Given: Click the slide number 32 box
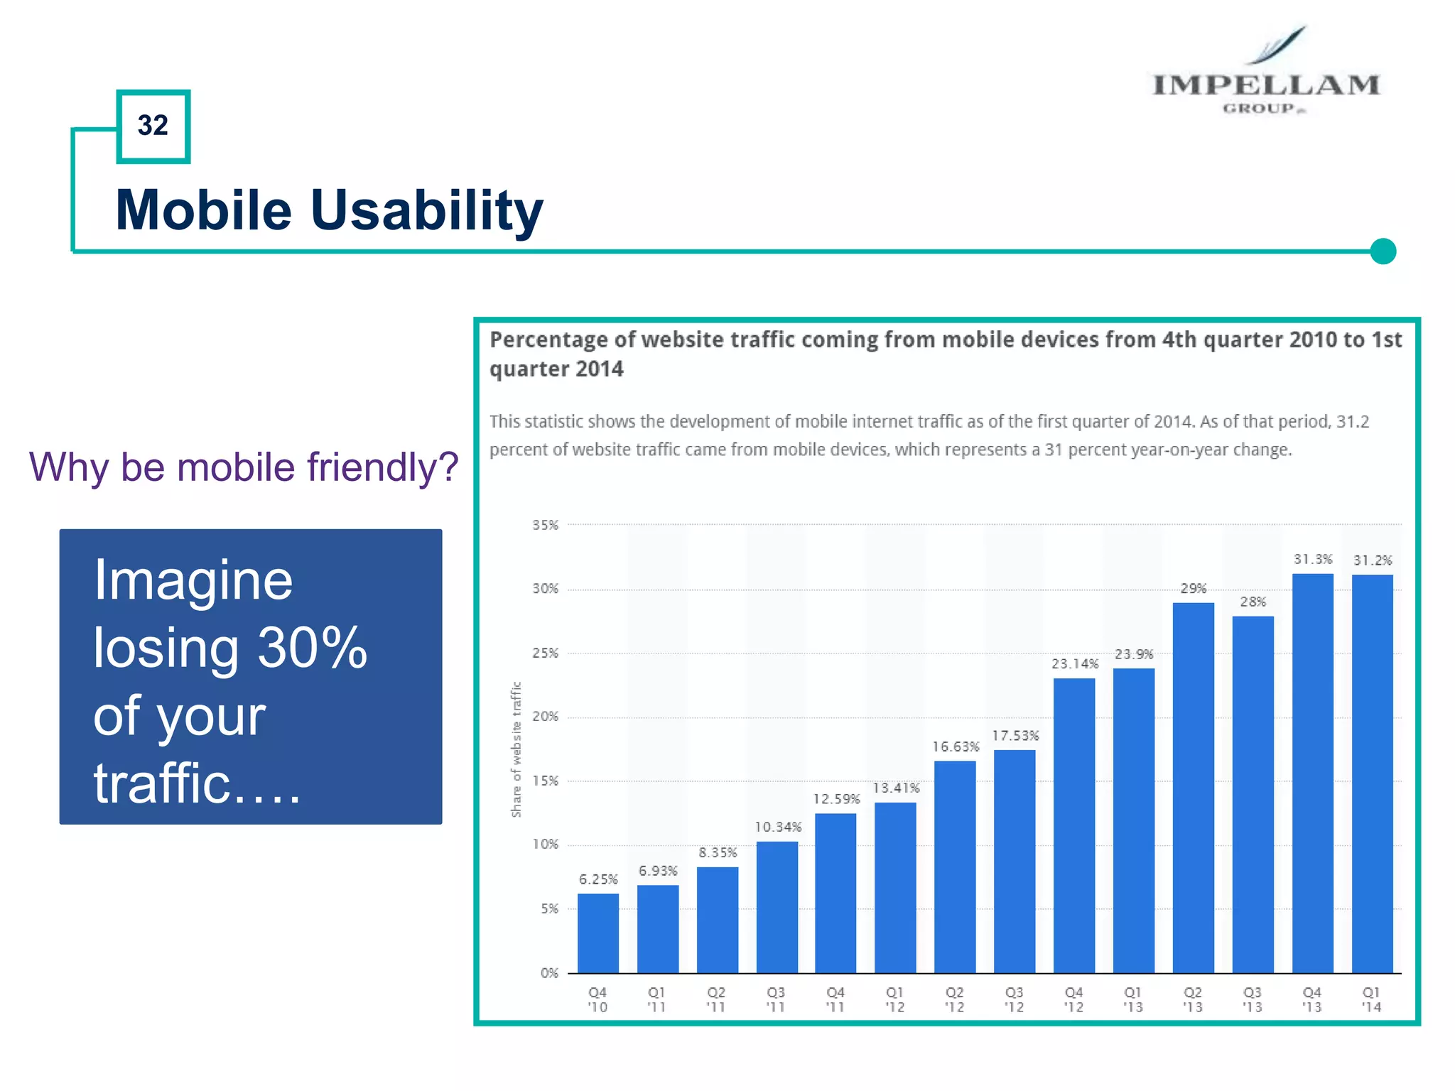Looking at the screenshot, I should tap(153, 126).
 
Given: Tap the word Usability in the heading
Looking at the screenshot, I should tap(426, 210).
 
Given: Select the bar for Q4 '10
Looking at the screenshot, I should tap(597, 933).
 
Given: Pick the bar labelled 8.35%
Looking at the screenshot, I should tap(717, 919).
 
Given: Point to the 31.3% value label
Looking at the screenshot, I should tap(1312, 559).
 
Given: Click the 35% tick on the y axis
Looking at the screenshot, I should tap(545, 525).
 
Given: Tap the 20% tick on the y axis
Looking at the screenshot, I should tap(545, 717).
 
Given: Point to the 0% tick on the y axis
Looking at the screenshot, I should tap(549, 973).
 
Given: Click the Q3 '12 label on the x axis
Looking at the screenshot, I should tap(1014, 999).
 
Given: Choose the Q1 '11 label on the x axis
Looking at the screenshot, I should tap(656, 999).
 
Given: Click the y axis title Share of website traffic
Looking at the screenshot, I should tap(516, 749).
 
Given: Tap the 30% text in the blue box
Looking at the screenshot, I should tap(312, 648).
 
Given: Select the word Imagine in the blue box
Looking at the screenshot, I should tap(193, 580).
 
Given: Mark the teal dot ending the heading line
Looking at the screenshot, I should tap(1383, 251).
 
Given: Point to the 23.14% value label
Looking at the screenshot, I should tap(1074, 664).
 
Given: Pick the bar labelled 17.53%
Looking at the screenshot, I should tap(1014, 861).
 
